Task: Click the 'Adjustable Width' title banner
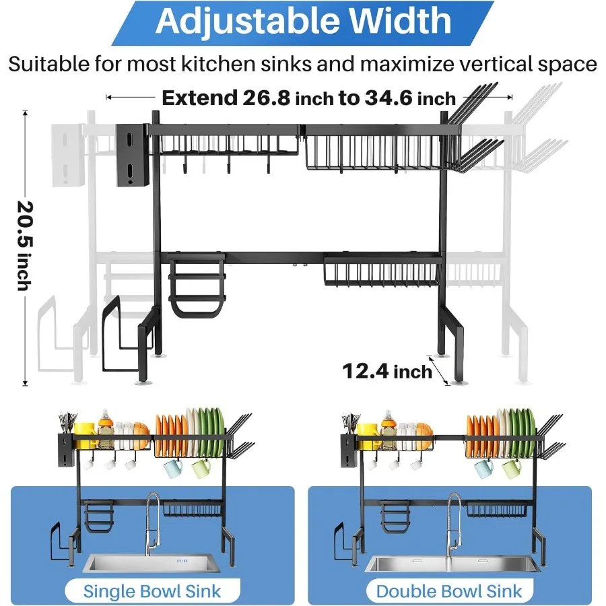303,22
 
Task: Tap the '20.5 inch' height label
24,245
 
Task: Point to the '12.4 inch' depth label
386,370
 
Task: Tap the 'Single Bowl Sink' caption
152,591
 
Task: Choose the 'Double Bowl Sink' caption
449,591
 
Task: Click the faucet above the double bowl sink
452,518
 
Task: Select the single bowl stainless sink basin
152,563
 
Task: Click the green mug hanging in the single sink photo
201,467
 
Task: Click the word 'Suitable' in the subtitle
48,64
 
